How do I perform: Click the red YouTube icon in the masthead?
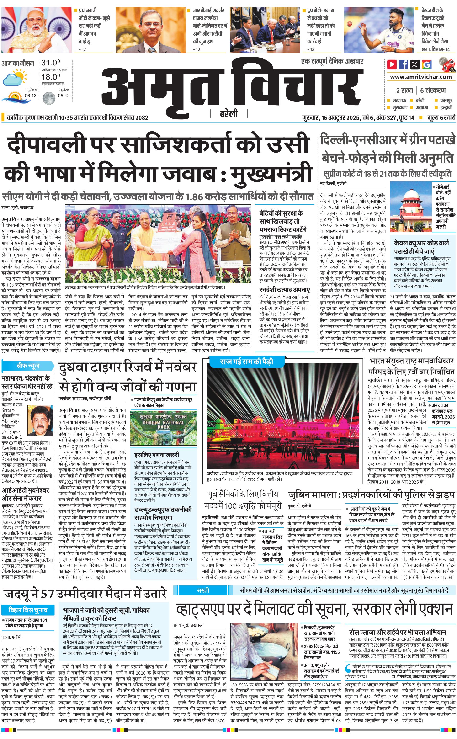[392, 64]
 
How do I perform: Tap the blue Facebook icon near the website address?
[403, 64]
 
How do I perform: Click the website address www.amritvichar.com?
[421, 77]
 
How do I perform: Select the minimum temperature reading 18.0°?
[50, 77]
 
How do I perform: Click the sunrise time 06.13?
[31, 96]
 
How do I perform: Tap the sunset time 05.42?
[64, 96]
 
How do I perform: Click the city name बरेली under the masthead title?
[228, 114]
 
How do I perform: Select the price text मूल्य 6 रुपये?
[441, 117]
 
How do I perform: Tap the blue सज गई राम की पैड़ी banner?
[247, 362]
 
